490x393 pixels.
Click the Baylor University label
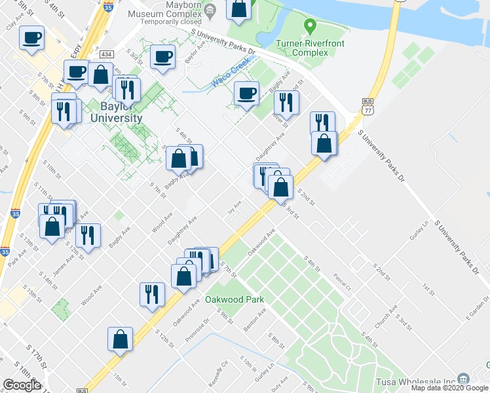coord(121,112)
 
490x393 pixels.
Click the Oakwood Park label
coord(235,299)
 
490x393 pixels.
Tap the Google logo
coord(22,384)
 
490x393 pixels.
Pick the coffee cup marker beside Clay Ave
coord(31,39)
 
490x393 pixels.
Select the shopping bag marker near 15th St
coord(120,340)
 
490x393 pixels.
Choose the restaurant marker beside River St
coord(286,102)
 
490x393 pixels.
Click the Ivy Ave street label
coord(235,206)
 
